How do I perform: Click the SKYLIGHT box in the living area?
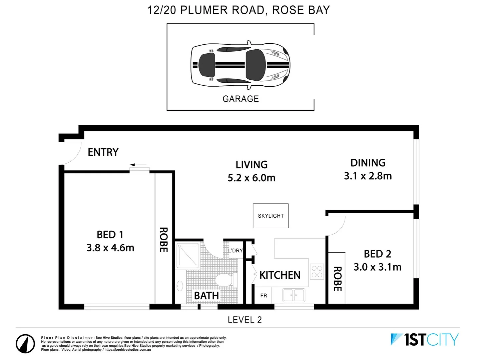tap(271, 216)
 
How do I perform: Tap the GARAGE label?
tap(240, 99)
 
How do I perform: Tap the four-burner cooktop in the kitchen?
tap(317, 271)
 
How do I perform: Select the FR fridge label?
tap(264, 296)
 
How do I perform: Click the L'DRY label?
tap(235, 251)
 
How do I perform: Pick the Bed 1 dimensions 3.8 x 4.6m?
tap(110, 248)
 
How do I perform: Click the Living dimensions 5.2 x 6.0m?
tap(252, 178)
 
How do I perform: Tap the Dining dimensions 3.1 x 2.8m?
tap(368, 176)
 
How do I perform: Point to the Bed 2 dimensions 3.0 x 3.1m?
tap(377, 267)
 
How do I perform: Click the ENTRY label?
tap(103, 152)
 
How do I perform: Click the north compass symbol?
tap(25, 343)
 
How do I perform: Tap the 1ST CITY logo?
tap(425, 340)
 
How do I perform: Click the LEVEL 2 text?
tap(245, 320)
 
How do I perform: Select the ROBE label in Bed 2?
tap(337, 279)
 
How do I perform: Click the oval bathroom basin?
tap(179, 286)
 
